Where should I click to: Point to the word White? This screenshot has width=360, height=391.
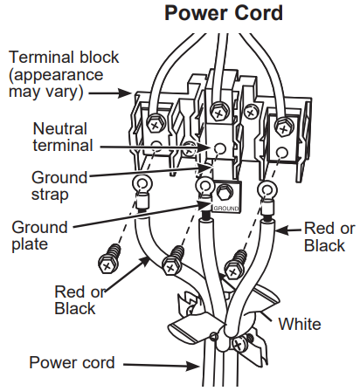[x=300, y=324]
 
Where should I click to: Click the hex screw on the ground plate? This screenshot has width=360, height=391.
[x=223, y=192]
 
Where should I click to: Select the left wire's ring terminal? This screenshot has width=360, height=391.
[x=141, y=184]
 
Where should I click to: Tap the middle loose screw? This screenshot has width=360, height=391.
[x=176, y=257]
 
